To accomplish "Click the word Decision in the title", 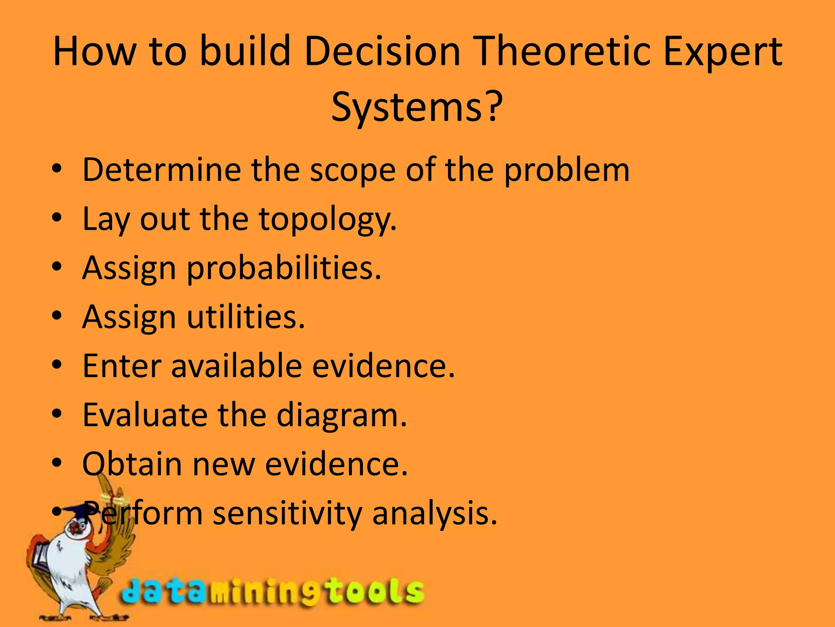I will pyautogui.click(x=382, y=52).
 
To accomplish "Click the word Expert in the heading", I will pyautogui.click(x=722, y=52).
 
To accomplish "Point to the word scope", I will pyautogui.click(x=352, y=170).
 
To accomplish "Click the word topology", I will pyautogui.click(x=327, y=219).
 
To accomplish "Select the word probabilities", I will pyautogui.click(x=284, y=268).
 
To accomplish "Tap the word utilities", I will pyautogui.click(x=246, y=317).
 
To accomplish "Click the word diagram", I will pyautogui.click(x=342, y=415).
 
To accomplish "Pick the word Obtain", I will pyautogui.click(x=132, y=464).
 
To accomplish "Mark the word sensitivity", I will pyautogui.click(x=287, y=513).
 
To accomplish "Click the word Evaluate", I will pyautogui.click(x=145, y=415).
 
